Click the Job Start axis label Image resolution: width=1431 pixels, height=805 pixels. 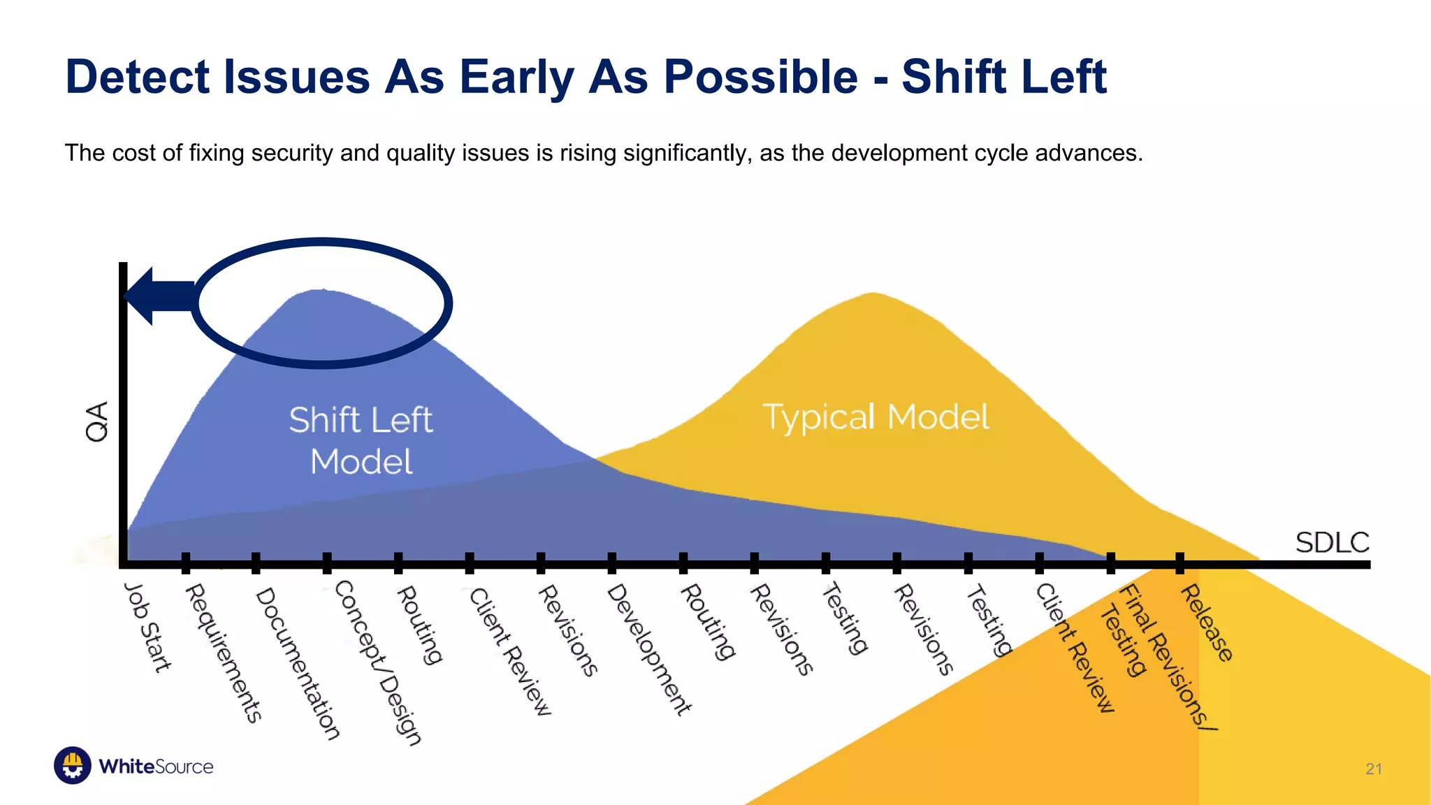click(147, 628)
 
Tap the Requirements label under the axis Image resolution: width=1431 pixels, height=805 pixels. click(224, 653)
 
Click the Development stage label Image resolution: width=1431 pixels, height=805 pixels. click(649, 650)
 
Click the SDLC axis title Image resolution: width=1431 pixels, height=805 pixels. click(1332, 542)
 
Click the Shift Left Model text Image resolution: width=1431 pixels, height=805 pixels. click(361, 440)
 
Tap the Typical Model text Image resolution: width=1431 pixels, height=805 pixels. click(876, 417)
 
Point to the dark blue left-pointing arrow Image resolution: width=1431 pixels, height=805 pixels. click(157, 296)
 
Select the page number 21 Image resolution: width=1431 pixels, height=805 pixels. click(1373, 769)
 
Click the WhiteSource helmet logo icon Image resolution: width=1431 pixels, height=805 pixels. click(73, 765)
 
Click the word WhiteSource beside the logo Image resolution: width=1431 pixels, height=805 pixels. click(156, 767)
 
